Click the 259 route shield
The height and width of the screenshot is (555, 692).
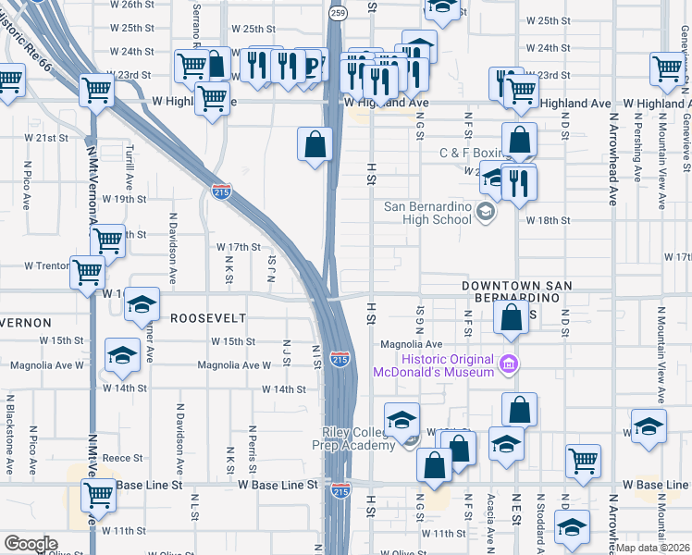pyautogui.click(x=339, y=13)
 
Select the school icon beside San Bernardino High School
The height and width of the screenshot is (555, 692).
pyautogui.click(x=485, y=214)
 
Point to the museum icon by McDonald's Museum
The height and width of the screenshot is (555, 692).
pyautogui.click(x=506, y=364)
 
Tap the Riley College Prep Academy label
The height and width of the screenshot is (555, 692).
pyautogui.click(x=362, y=438)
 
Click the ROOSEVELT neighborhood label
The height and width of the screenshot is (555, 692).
pyautogui.click(x=208, y=318)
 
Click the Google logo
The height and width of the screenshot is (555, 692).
pyautogui.click(x=30, y=544)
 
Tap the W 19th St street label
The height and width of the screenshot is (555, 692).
pyautogui.click(x=125, y=199)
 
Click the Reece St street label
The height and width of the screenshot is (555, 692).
pyautogui.click(x=122, y=458)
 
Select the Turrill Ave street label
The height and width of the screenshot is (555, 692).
pyautogui.click(x=130, y=172)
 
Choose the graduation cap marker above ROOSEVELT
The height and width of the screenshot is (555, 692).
pyautogui.click(x=142, y=304)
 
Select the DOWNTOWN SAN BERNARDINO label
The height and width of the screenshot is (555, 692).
pyautogui.click(x=512, y=293)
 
